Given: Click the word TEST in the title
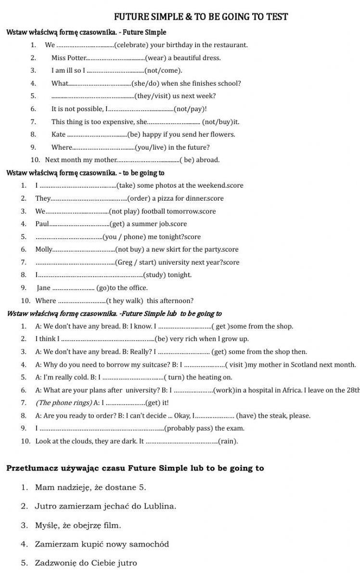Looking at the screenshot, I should [x=276, y=17].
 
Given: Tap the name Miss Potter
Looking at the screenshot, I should [x=68, y=58].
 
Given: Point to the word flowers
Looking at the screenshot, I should [x=222, y=135].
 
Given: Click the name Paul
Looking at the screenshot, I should [x=42, y=224].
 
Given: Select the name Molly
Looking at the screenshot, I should [x=44, y=250].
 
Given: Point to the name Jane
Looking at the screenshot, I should [x=44, y=288].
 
